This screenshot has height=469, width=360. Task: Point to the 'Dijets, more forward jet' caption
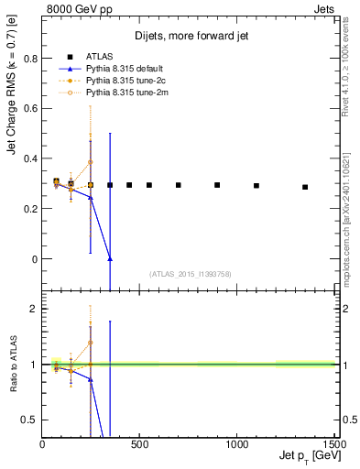pos(189,36)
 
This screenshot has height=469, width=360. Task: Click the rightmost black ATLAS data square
pos(305,187)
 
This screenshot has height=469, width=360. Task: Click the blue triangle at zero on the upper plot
pos(110,259)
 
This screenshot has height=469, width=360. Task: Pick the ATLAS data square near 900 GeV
pos(217,185)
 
